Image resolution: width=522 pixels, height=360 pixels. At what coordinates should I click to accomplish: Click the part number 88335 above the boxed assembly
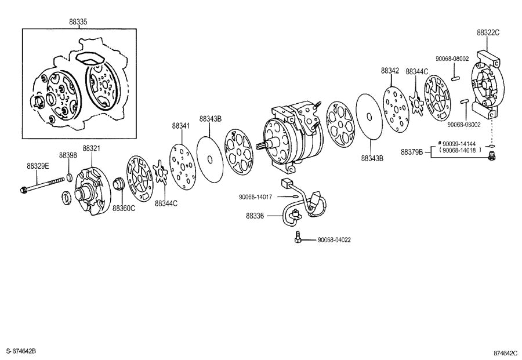[x=78, y=21]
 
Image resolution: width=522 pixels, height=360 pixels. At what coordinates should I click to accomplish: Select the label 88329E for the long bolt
[x=38, y=166]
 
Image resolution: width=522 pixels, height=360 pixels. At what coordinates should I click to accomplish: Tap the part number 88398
[x=67, y=155]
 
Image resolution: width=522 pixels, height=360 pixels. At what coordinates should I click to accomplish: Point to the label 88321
[x=91, y=149]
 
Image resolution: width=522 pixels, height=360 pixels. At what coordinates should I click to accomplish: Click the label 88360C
[x=124, y=208]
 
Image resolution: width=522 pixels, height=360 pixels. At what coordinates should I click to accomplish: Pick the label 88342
[x=390, y=70]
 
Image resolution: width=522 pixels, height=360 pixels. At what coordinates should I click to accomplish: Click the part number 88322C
[x=488, y=32]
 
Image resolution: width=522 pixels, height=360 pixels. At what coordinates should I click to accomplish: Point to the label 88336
[x=255, y=216]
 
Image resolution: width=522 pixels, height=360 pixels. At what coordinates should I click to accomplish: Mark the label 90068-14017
[x=255, y=197]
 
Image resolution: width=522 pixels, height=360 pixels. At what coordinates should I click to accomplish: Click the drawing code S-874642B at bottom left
[x=21, y=351]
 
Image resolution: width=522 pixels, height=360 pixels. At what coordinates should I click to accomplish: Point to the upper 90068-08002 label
[x=452, y=59]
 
